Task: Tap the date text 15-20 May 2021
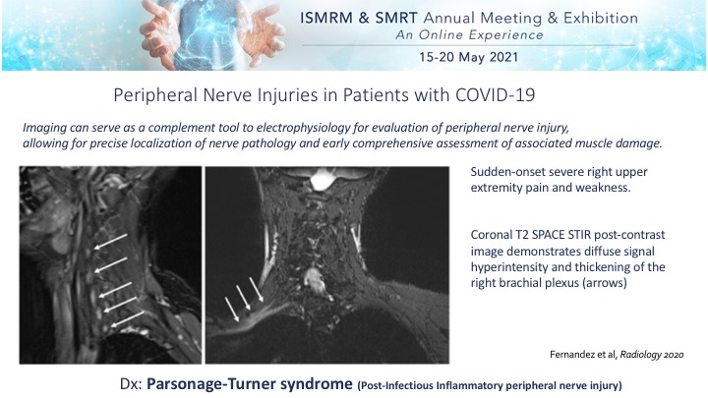[468, 57]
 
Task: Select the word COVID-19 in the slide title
[496, 95]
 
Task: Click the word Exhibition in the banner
[601, 18]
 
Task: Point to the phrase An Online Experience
[469, 35]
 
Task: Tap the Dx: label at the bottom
[131, 384]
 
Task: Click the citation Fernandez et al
[583, 355]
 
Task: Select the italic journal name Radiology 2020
[652, 355]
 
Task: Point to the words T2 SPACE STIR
[553, 235]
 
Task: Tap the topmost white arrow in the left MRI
[110, 242]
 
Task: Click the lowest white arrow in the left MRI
[128, 319]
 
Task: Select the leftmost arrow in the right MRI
[232, 310]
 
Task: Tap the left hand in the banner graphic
[158, 33]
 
